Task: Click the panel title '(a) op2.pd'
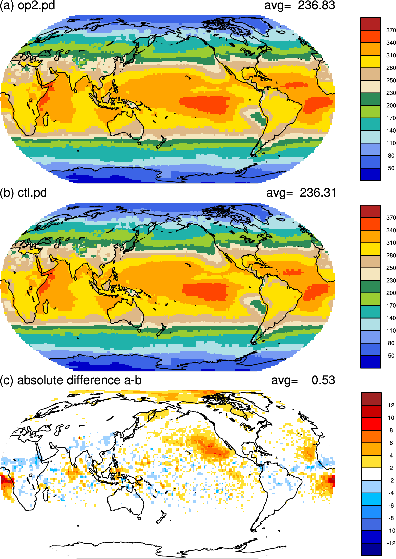pyautogui.click(x=27, y=5)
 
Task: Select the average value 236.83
pyautogui.click(x=316, y=5)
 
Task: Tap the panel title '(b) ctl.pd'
pyautogui.click(x=23, y=193)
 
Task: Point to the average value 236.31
pyautogui.click(x=318, y=193)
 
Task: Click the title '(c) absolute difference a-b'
pyautogui.click(x=71, y=380)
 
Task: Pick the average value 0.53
pyautogui.click(x=323, y=380)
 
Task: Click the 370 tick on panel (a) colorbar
pyautogui.click(x=391, y=30)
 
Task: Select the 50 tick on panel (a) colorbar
pyautogui.click(x=391, y=168)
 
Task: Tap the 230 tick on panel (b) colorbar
pyautogui.click(x=391, y=280)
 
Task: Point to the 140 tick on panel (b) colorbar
pyautogui.click(x=391, y=318)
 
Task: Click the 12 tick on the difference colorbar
pyautogui.click(x=391, y=405)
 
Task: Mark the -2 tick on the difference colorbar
pyautogui.click(x=391, y=480)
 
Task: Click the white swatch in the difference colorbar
pyautogui.click(x=371, y=474)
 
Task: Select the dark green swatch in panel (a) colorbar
pyautogui.click(x=371, y=99)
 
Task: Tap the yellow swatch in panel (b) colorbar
pyautogui.click(x=371, y=249)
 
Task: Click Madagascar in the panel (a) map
pyautogui.click(x=45, y=119)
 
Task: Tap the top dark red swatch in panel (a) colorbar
pyautogui.click(x=371, y=24)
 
